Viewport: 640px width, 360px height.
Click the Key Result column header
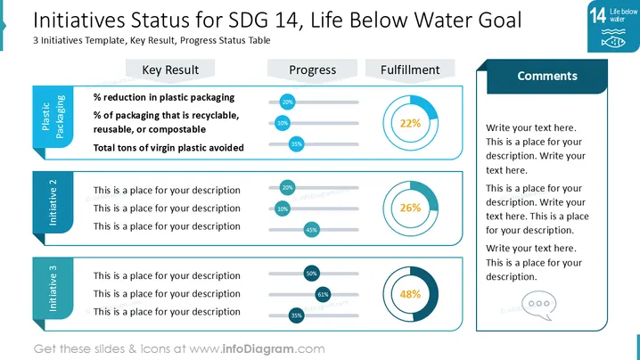[170, 70]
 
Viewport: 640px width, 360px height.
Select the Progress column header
[312, 70]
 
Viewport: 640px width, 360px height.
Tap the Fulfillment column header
[410, 70]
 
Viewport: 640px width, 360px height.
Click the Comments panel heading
[547, 76]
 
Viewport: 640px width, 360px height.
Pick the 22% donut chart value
[410, 123]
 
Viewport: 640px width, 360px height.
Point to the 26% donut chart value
[410, 208]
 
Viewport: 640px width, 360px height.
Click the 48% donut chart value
[410, 294]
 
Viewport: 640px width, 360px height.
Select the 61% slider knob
[323, 294]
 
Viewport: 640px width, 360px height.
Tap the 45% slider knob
[311, 230]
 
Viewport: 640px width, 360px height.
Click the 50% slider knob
[311, 274]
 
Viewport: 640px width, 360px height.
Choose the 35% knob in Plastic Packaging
[296, 144]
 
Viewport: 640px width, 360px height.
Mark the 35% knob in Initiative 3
[296, 315]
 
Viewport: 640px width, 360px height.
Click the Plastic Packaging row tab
[53, 117]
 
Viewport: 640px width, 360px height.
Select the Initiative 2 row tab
[53, 202]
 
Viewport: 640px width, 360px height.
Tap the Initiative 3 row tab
[53, 288]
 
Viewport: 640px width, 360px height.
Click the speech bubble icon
[538, 305]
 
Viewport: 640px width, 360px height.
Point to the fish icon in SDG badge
[613, 42]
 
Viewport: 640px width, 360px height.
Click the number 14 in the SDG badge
[597, 16]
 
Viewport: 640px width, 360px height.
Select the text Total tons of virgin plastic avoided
[168, 148]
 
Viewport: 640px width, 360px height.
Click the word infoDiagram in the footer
[258, 349]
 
